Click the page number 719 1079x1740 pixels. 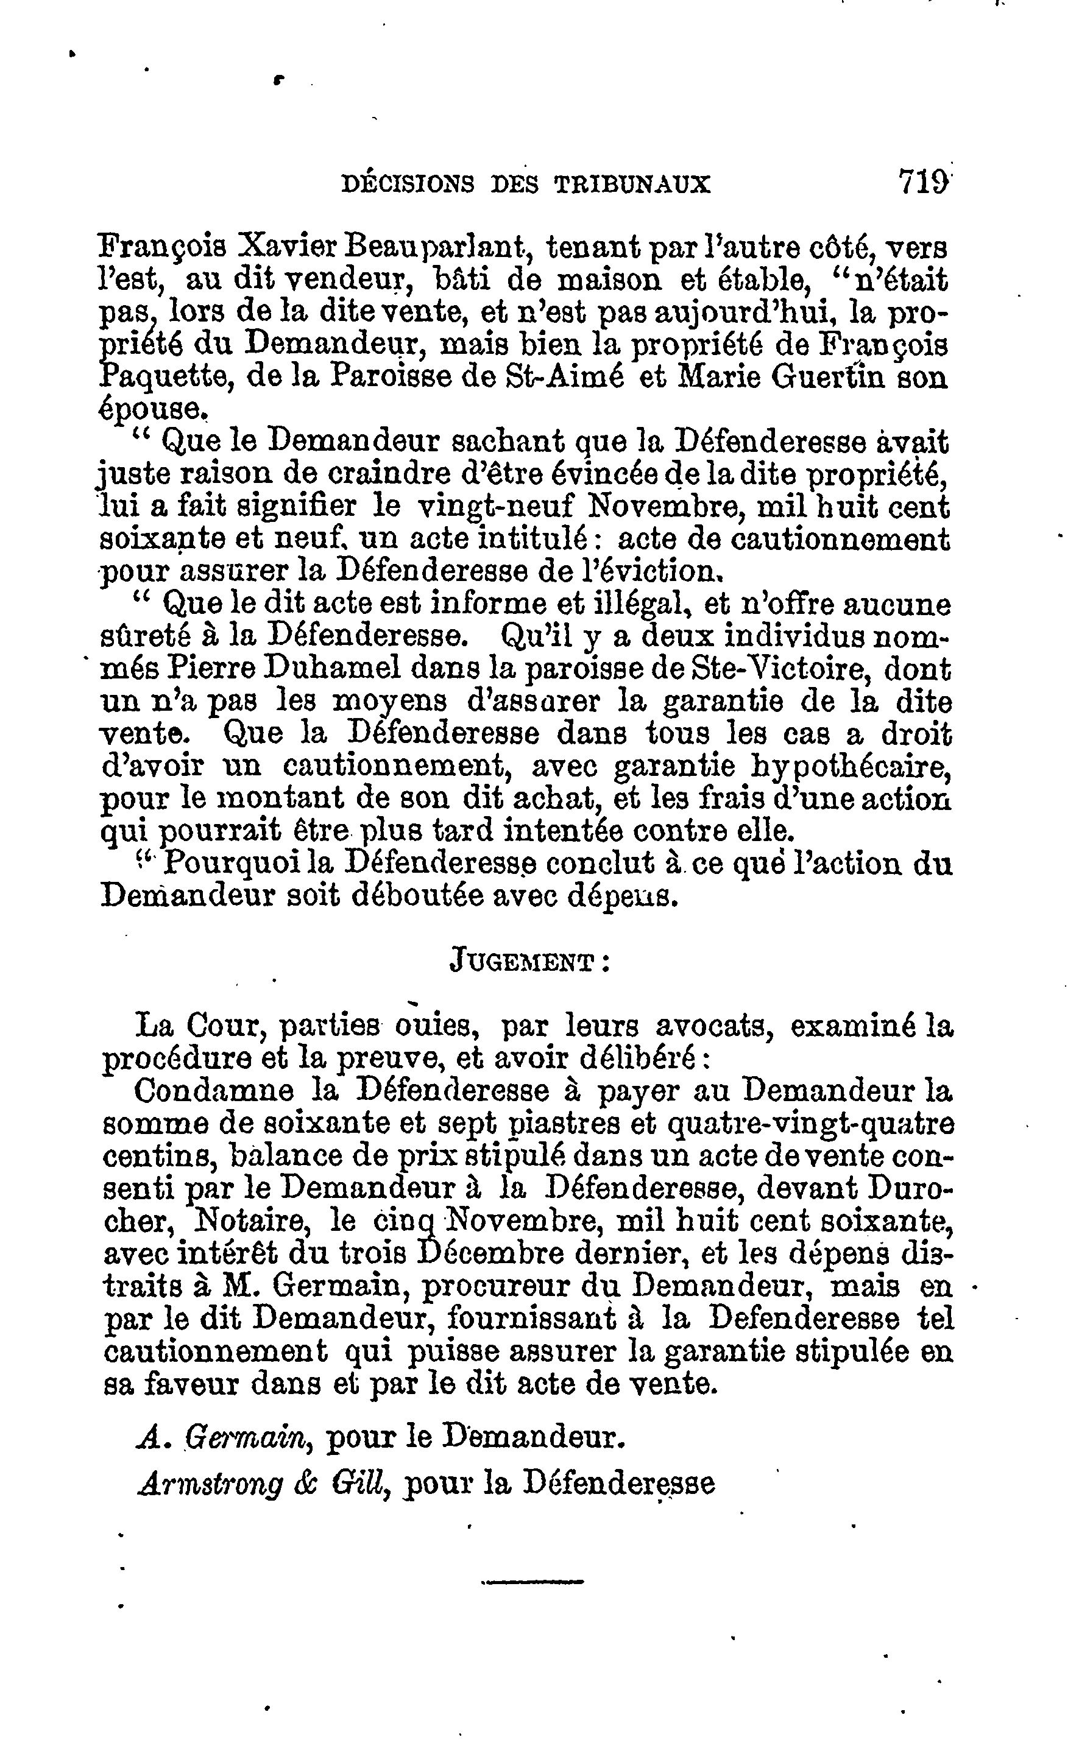[924, 182]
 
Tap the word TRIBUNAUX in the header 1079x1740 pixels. [632, 185]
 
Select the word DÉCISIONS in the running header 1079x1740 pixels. [408, 185]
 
